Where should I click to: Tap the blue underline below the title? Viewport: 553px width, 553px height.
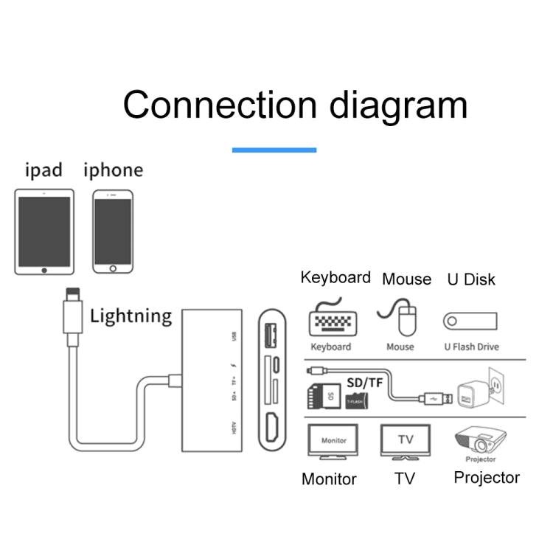(274, 150)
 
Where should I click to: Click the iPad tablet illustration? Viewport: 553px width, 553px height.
(44, 232)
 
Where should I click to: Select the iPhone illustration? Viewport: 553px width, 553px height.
(113, 232)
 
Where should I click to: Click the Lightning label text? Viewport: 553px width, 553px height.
(131, 317)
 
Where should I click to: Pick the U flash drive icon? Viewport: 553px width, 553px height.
(470, 321)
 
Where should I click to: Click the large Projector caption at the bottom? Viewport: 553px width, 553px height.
(486, 477)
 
